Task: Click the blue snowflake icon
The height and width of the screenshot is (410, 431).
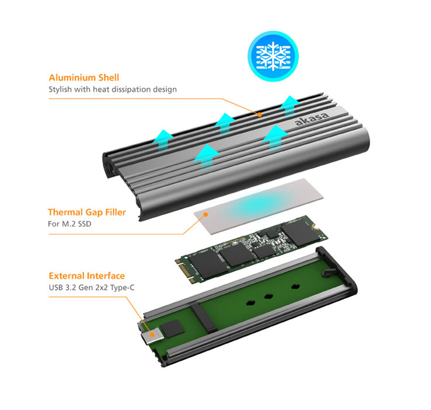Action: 273,56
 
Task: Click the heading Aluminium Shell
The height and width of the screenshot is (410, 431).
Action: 84,78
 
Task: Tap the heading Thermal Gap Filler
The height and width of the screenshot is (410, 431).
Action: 87,212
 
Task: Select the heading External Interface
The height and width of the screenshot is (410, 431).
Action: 87,276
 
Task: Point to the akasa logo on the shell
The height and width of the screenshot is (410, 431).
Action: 312,119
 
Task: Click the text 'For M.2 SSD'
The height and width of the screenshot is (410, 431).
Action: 69,224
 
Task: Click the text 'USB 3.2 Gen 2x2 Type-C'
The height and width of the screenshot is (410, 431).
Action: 92,288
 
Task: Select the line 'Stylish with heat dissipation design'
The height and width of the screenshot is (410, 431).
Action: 113,89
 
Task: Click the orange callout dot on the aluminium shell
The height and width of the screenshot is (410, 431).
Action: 259,114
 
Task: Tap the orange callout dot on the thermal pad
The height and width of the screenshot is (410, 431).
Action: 206,214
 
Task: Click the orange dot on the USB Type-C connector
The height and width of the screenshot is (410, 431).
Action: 152,335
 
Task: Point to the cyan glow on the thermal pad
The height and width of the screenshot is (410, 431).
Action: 258,203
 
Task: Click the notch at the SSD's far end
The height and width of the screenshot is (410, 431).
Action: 314,227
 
